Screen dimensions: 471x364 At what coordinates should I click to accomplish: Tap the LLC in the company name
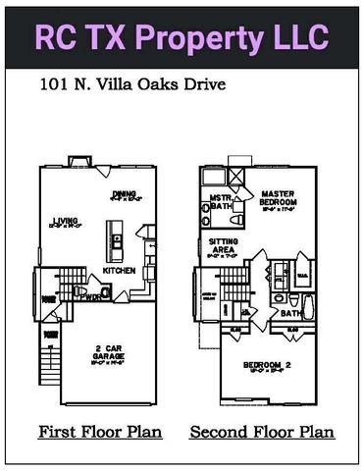pyautogui.click(x=293, y=36)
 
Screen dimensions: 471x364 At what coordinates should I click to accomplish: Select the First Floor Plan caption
pyautogui.click(x=100, y=431)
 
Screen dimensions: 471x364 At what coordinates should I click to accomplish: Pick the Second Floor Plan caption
pyautogui.click(x=262, y=431)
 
